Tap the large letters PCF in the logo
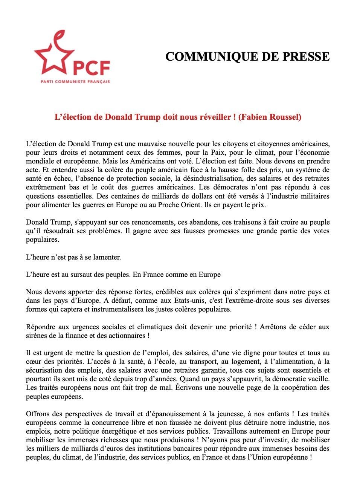click(x=91, y=68)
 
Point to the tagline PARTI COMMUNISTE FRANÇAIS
click(x=75, y=81)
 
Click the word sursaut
click(x=77, y=275)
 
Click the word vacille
click(x=319, y=379)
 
